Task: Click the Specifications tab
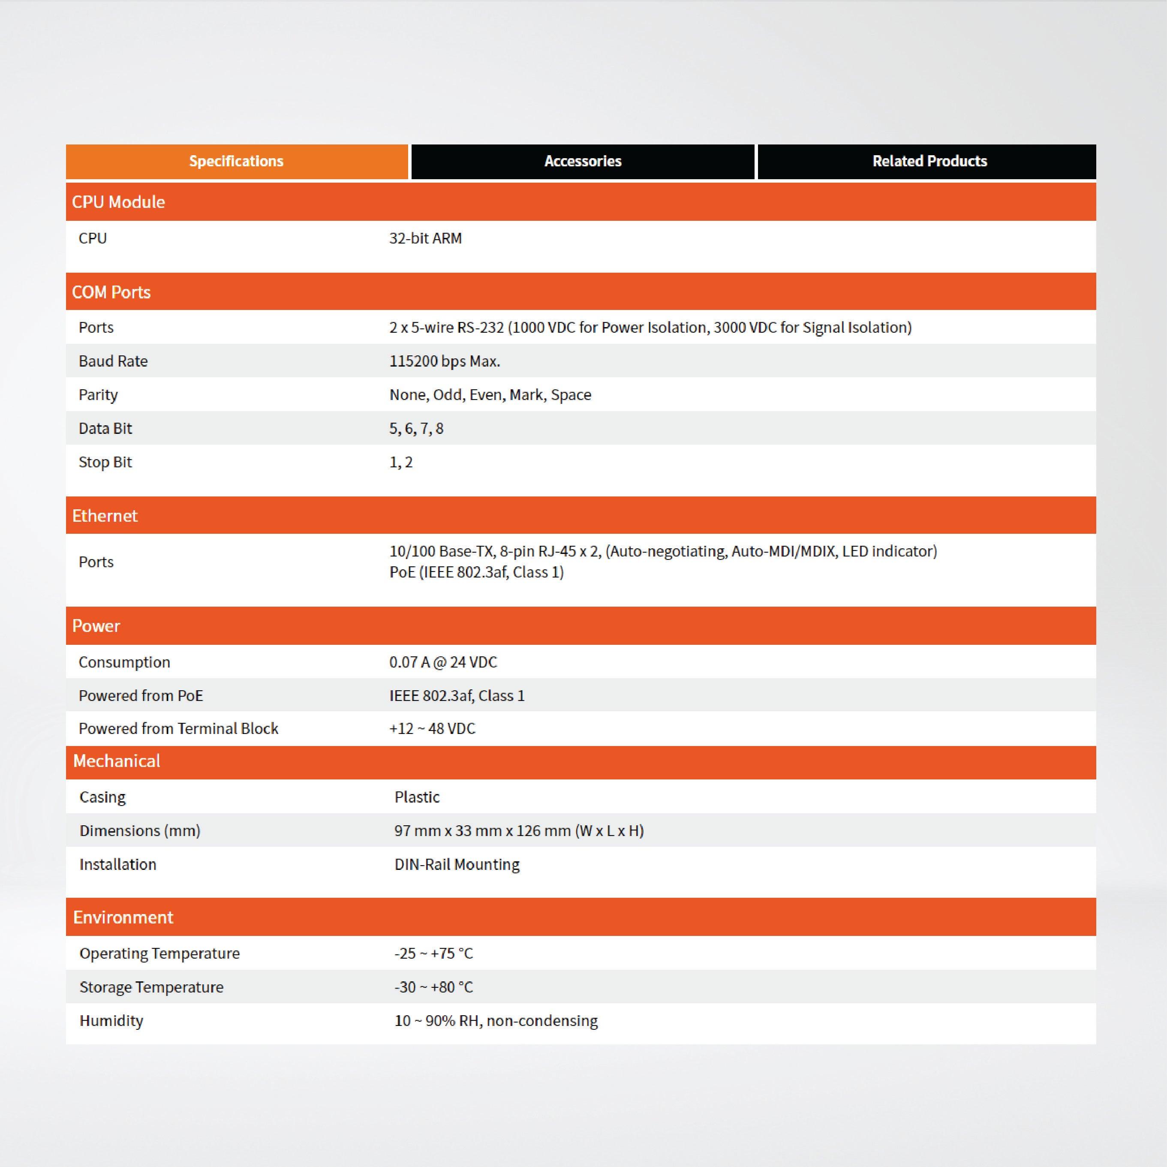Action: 236,161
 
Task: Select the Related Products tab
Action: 929,161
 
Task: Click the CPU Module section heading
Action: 118,202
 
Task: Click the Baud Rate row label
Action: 113,361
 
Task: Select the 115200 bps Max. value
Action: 445,361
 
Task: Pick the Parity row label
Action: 98,394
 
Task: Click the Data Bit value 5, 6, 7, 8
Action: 416,428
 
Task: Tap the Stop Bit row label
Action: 105,462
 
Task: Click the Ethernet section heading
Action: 105,515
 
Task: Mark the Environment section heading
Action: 123,917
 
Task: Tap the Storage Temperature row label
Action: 151,987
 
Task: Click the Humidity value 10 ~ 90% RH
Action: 495,1021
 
